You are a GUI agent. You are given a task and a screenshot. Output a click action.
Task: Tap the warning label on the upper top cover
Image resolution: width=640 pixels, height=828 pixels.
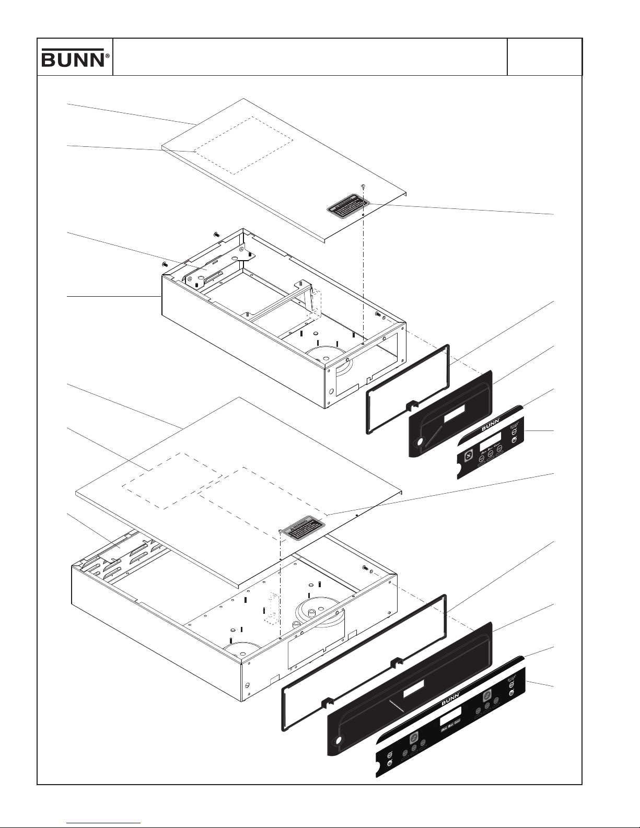pyautogui.click(x=345, y=205)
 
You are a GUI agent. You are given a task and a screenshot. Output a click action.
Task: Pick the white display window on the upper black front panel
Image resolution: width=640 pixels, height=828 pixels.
pyautogui.click(x=457, y=416)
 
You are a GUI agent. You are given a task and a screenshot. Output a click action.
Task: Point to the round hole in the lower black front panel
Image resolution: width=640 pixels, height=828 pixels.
pyautogui.click(x=339, y=741)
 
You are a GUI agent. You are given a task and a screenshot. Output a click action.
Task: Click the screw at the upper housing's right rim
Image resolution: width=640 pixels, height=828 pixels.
pyautogui.click(x=377, y=314)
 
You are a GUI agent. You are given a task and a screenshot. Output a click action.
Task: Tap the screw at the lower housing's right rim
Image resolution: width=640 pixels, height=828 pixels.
pyautogui.click(x=365, y=567)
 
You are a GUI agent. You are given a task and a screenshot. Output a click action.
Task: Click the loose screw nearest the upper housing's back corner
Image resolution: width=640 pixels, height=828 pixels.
pyautogui.click(x=216, y=235)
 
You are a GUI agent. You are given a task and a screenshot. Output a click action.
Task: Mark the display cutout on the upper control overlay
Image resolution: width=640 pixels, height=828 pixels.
pyautogui.click(x=490, y=436)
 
